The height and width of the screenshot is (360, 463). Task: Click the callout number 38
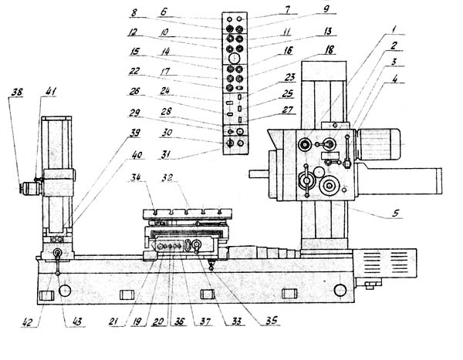(15, 93)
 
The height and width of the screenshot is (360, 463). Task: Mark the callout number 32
(182, 177)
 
